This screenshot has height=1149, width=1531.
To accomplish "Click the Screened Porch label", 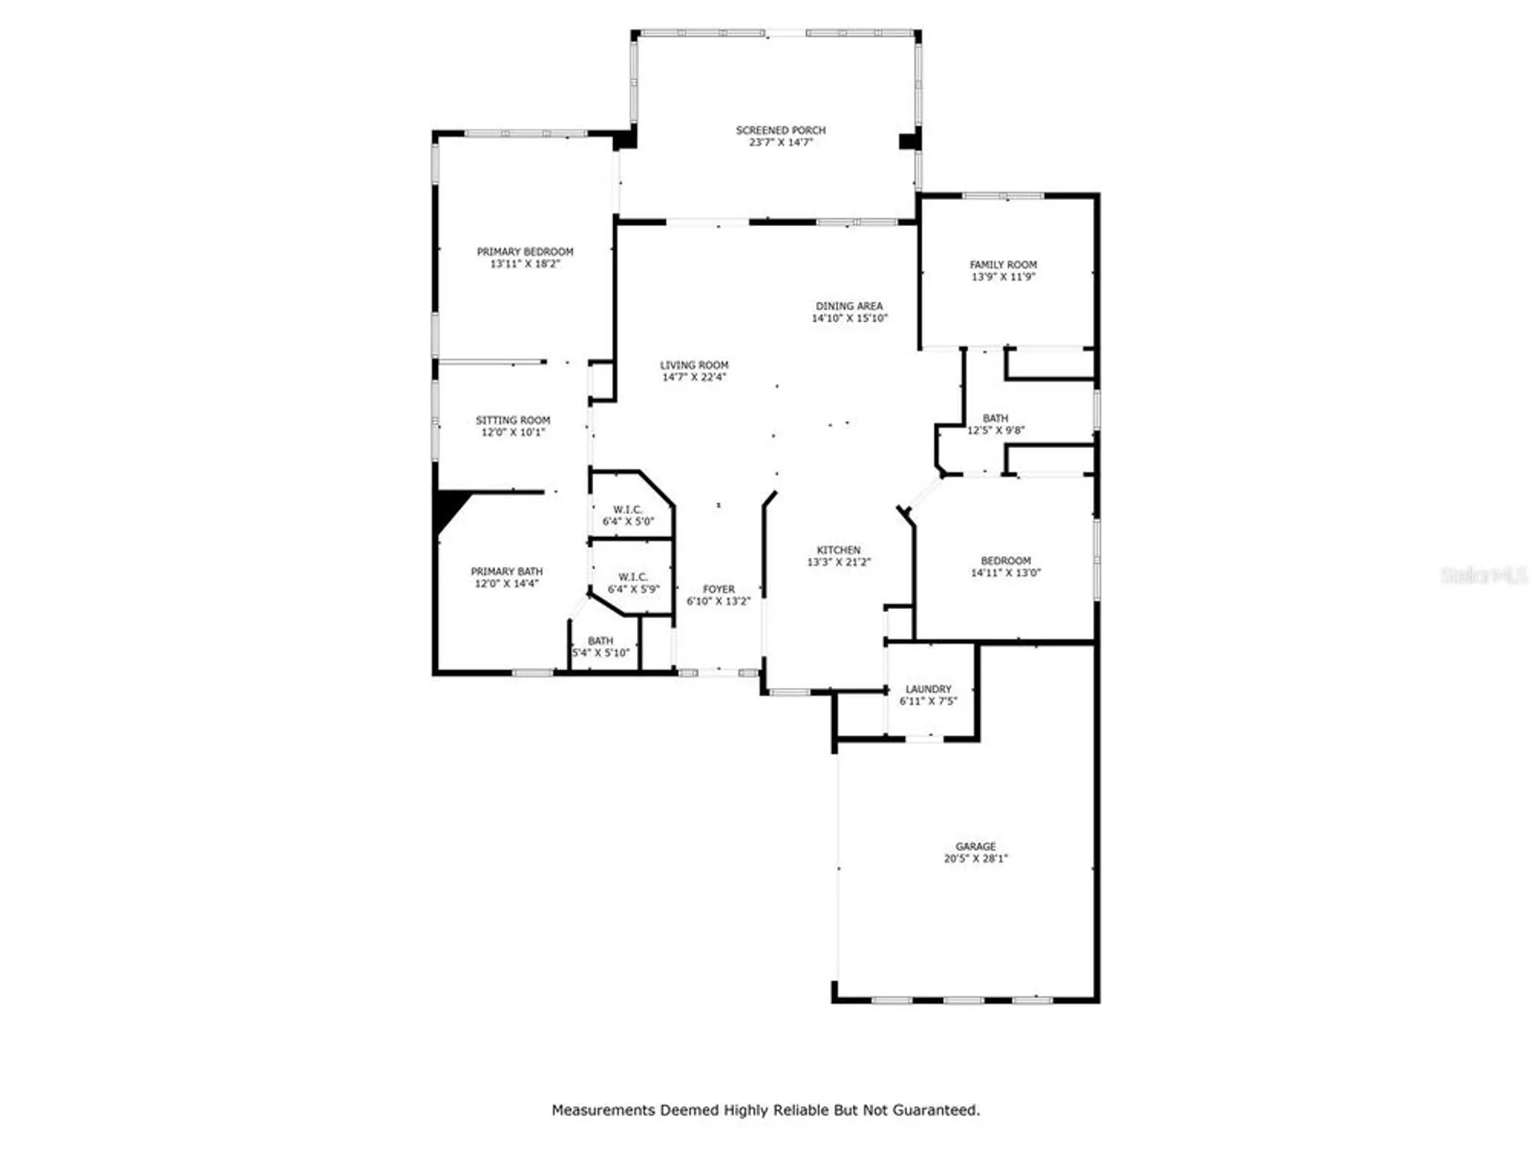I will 780,130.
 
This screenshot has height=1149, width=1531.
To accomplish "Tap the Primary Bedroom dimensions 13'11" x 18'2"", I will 525,264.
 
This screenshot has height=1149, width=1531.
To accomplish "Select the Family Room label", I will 1003,265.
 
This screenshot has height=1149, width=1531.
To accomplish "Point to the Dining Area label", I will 849,306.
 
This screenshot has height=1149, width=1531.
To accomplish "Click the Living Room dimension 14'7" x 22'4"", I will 694,378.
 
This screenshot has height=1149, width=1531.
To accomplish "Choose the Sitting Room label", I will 513,421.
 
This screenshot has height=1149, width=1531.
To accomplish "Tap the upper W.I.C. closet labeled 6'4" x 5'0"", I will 628,516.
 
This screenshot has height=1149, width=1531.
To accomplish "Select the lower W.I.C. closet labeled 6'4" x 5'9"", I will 633,583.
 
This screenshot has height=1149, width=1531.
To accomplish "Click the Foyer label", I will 718,590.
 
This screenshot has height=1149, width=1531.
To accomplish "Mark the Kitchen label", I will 838,550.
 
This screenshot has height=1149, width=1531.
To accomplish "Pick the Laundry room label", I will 928,689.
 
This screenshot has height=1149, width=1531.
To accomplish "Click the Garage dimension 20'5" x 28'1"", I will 975,859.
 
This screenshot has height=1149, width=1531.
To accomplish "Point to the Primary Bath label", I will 506,572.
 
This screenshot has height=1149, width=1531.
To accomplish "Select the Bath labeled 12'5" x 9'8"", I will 995,424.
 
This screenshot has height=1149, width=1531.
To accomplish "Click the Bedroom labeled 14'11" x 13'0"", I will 1005,567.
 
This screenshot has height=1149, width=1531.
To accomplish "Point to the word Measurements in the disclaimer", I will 603,1110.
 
